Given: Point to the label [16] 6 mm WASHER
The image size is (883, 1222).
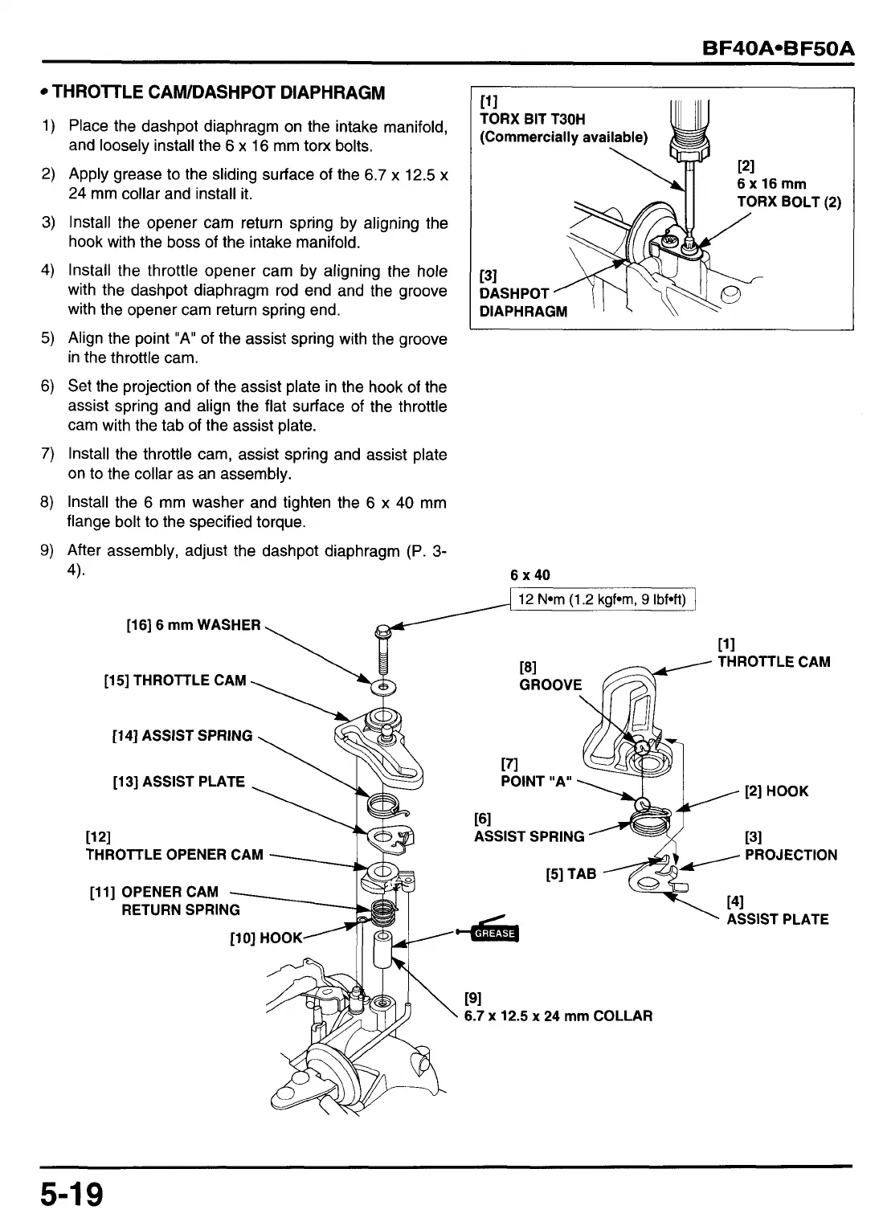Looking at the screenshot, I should point(194,625).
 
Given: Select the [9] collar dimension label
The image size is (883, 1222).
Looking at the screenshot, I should point(558,1008).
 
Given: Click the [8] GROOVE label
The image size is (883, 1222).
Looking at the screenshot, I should point(550,676).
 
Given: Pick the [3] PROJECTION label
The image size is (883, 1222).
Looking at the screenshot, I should point(790,847).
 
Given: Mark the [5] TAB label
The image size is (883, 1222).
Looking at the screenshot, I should point(570,873).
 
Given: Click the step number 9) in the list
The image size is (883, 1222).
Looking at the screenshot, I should point(47,551).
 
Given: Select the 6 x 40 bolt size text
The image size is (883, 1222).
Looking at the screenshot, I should point(530,575).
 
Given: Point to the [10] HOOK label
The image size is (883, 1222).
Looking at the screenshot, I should point(265,938).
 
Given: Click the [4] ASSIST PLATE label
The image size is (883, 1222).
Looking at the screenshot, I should point(776,911).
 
